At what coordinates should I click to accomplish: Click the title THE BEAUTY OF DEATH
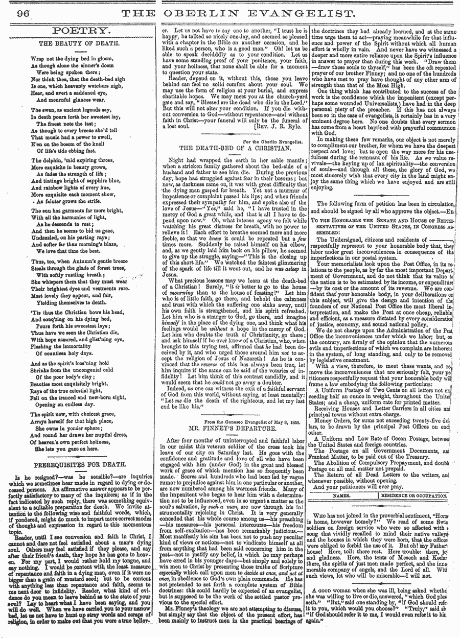tap(77, 44)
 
